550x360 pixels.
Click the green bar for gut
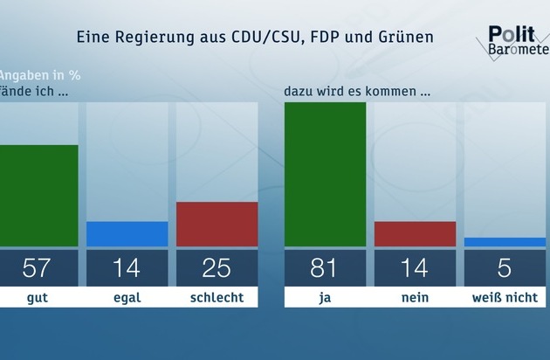38,196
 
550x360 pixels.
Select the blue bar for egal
127,234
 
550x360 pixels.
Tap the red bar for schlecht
217,225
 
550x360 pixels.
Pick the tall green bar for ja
325,174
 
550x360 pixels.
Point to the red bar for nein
415,234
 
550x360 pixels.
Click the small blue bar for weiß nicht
505,242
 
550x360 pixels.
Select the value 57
36,268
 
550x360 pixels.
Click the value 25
217,268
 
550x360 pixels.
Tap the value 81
325,268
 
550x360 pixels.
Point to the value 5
505,268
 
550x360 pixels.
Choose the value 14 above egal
127,268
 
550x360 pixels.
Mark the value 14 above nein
415,268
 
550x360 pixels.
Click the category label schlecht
217,298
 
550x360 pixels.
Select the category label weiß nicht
505,298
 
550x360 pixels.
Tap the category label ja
325,298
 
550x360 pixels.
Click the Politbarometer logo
517,42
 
